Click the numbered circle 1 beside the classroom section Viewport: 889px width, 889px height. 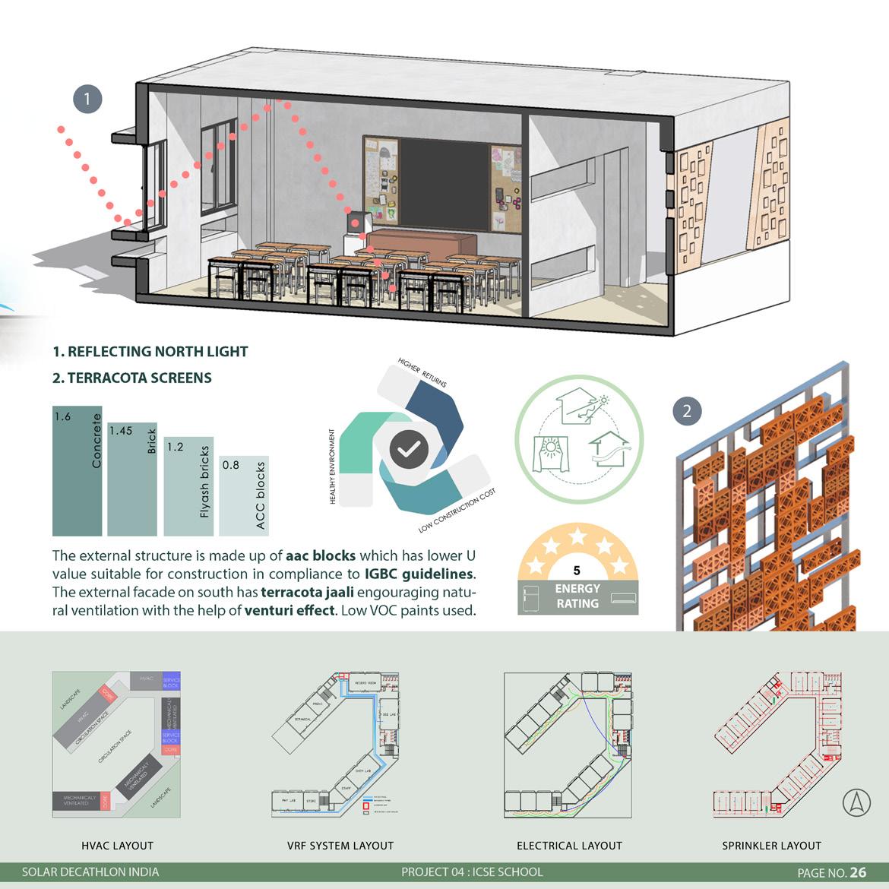87,99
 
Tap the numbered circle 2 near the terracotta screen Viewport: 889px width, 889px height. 688,411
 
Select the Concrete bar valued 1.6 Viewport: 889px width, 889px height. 77,471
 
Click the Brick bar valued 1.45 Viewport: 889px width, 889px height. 132,479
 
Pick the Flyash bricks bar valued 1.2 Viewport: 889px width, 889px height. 188,486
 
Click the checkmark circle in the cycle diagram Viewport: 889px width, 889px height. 409,449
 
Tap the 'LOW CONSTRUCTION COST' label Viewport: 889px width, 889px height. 457,511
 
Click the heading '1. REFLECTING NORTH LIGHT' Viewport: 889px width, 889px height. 150,352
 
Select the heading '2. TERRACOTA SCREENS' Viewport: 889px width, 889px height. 132,378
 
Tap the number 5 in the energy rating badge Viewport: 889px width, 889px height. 577,570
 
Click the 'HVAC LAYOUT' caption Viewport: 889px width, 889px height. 117,846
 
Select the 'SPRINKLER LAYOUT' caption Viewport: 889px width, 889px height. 771,846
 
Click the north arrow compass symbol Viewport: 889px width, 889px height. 857,802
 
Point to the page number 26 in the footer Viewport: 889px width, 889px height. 858,872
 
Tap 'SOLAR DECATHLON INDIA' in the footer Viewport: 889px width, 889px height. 90,872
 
